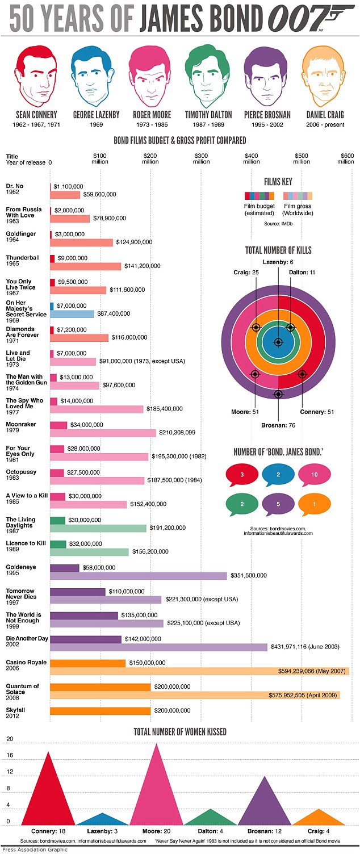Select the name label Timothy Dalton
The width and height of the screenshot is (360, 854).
pyautogui.click(x=208, y=115)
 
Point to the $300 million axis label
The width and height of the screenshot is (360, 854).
pyautogui.click(x=201, y=158)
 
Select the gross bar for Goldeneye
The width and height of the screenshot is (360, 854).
pyautogui.click(x=139, y=576)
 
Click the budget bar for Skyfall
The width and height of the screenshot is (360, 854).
pyautogui.click(x=101, y=710)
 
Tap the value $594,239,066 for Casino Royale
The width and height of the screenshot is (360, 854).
pyautogui.click(x=312, y=671)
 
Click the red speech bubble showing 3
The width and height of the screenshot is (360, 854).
pyautogui.click(x=242, y=474)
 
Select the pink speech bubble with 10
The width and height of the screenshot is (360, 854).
pyautogui.click(x=315, y=474)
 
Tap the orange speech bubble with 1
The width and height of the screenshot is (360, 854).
pyautogui.click(x=315, y=503)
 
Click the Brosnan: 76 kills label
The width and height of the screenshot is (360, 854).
pyautogui.click(x=278, y=424)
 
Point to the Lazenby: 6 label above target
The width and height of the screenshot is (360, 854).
pyautogui.click(x=279, y=262)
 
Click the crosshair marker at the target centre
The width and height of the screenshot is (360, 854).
pyautogui.click(x=278, y=342)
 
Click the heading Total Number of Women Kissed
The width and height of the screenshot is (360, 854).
pyautogui.click(x=180, y=731)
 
